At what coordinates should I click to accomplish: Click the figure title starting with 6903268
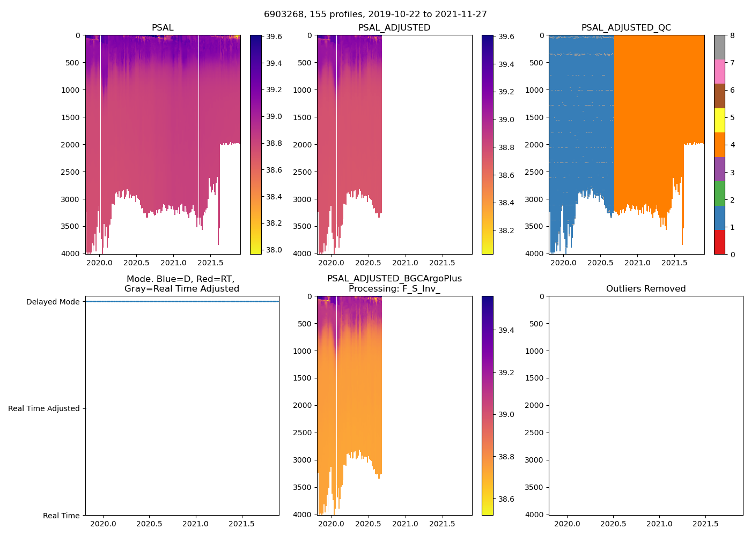point(376,14)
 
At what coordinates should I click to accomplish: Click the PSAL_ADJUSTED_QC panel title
point(626,28)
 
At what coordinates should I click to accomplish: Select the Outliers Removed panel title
point(646,289)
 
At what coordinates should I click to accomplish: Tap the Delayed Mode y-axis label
point(53,302)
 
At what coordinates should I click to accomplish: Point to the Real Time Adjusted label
point(43,408)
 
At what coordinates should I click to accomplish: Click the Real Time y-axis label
point(61,516)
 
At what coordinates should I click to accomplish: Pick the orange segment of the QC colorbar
point(719,145)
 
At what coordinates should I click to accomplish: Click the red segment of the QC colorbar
point(719,242)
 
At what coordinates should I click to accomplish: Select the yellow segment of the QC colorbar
point(719,120)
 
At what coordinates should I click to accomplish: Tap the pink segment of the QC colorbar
point(719,71)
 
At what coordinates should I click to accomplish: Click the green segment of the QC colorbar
point(719,193)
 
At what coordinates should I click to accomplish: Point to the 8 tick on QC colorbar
point(732,35)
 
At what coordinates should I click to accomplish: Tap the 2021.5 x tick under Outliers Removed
point(705,524)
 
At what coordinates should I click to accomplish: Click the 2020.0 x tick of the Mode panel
point(104,524)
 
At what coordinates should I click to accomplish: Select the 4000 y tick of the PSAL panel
point(70,254)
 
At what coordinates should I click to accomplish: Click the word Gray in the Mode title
point(134,289)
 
